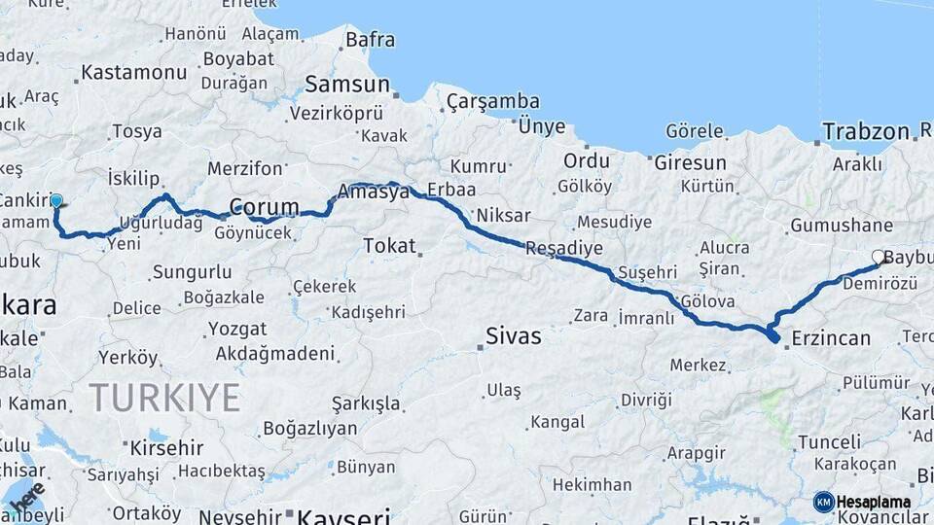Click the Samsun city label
point(347,85)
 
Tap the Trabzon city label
point(865,131)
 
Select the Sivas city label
point(514,336)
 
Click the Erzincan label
point(831,338)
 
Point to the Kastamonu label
point(134,73)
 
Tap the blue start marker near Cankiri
point(55,202)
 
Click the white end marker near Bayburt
point(879,258)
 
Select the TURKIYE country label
point(164,398)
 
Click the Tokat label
point(389,246)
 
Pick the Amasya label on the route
point(374,192)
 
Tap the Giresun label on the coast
point(690,162)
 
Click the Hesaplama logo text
point(874,503)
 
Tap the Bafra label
point(370,40)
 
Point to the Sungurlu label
point(192,272)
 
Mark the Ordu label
point(587,161)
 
